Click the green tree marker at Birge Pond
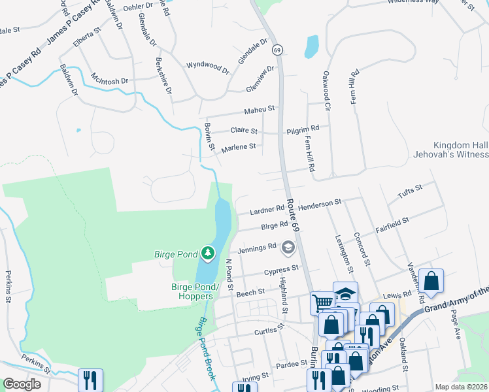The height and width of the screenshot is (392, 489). [x=208, y=253]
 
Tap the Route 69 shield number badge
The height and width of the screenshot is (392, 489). [x=278, y=50]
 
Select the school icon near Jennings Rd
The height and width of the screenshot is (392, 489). [x=288, y=248]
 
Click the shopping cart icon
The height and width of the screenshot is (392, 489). [x=322, y=302]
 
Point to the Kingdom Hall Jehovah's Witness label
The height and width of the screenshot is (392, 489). [x=461, y=150]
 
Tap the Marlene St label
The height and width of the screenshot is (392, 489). [x=238, y=148]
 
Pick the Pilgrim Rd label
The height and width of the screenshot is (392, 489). [x=303, y=130]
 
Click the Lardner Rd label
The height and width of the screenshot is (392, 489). [x=267, y=210]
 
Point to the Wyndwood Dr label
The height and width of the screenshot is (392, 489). [x=208, y=67]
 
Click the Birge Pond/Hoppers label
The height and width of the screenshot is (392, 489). [x=188, y=291]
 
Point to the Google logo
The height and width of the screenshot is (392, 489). [x=22, y=385]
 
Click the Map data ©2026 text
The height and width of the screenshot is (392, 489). [x=460, y=387]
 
